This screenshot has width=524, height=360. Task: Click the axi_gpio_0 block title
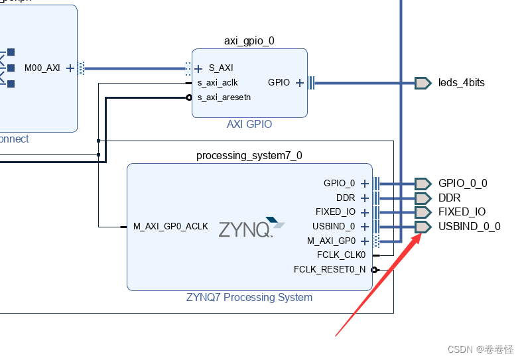click(x=249, y=40)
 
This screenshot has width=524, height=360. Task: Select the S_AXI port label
click(x=221, y=68)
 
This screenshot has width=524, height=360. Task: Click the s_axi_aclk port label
click(x=218, y=83)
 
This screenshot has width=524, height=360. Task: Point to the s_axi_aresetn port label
click(x=224, y=97)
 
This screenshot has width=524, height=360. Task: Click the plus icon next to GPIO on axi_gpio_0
click(x=300, y=83)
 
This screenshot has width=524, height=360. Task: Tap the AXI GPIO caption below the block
click(x=249, y=125)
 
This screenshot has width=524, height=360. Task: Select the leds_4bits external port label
click(x=461, y=83)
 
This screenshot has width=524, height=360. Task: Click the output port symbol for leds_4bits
click(x=423, y=83)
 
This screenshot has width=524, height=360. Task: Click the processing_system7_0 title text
click(x=249, y=156)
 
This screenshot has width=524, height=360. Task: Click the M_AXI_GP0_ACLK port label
click(x=170, y=227)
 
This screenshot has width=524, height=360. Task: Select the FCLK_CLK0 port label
click(x=341, y=255)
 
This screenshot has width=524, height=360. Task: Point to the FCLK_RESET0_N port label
click(x=330, y=269)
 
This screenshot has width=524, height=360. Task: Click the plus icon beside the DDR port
click(x=364, y=198)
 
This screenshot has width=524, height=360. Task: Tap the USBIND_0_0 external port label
click(x=469, y=227)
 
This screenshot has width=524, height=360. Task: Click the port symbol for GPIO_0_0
click(x=423, y=183)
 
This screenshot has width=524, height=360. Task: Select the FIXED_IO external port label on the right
click(x=462, y=212)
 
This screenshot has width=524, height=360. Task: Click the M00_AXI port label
click(x=42, y=68)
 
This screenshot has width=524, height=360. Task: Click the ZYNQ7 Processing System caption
click(x=249, y=298)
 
